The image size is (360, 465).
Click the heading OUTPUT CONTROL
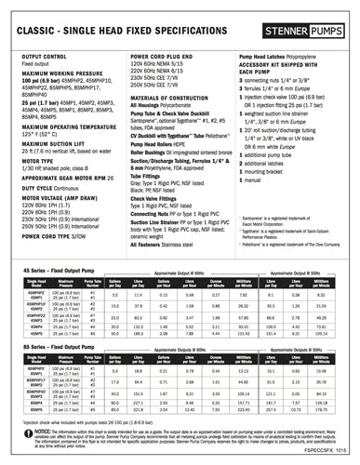pyautogui.click(x=41, y=56)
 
